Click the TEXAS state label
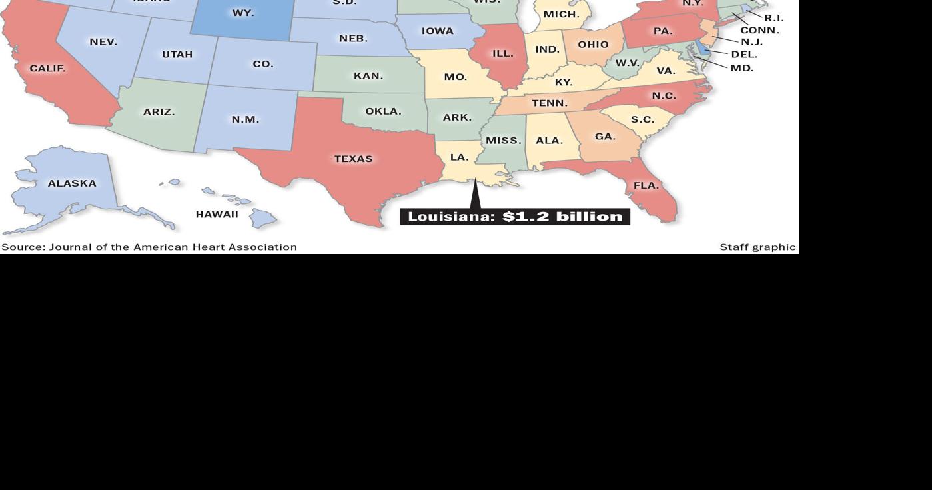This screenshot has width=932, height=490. tap(353, 159)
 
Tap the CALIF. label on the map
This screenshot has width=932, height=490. tap(47, 69)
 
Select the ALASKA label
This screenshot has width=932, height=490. tap(72, 183)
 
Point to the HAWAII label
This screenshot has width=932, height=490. tap(217, 215)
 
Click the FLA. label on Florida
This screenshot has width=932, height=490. tap(646, 186)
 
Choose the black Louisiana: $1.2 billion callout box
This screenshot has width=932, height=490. tap(514, 217)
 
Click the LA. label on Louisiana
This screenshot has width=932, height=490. tap(459, 157)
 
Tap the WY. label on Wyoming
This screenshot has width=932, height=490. tap(242, 13)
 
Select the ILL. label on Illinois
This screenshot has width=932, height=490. tap(502, 53)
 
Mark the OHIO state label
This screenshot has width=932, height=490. tap(593, 45)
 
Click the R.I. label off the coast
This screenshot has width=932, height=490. tap(773, 18)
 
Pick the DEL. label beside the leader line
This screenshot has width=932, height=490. tap(744, 55)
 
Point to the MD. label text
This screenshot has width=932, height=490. tap(742, 68)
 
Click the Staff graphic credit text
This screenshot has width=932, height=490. tap(757, 247)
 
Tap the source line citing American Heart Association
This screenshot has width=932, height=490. tap(149, 247)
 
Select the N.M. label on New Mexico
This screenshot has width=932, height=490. tap(245, 120)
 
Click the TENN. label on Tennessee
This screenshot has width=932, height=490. tap(550, 103)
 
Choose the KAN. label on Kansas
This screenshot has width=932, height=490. tap(368, 76)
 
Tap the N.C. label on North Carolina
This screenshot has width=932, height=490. tap(664, 96)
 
